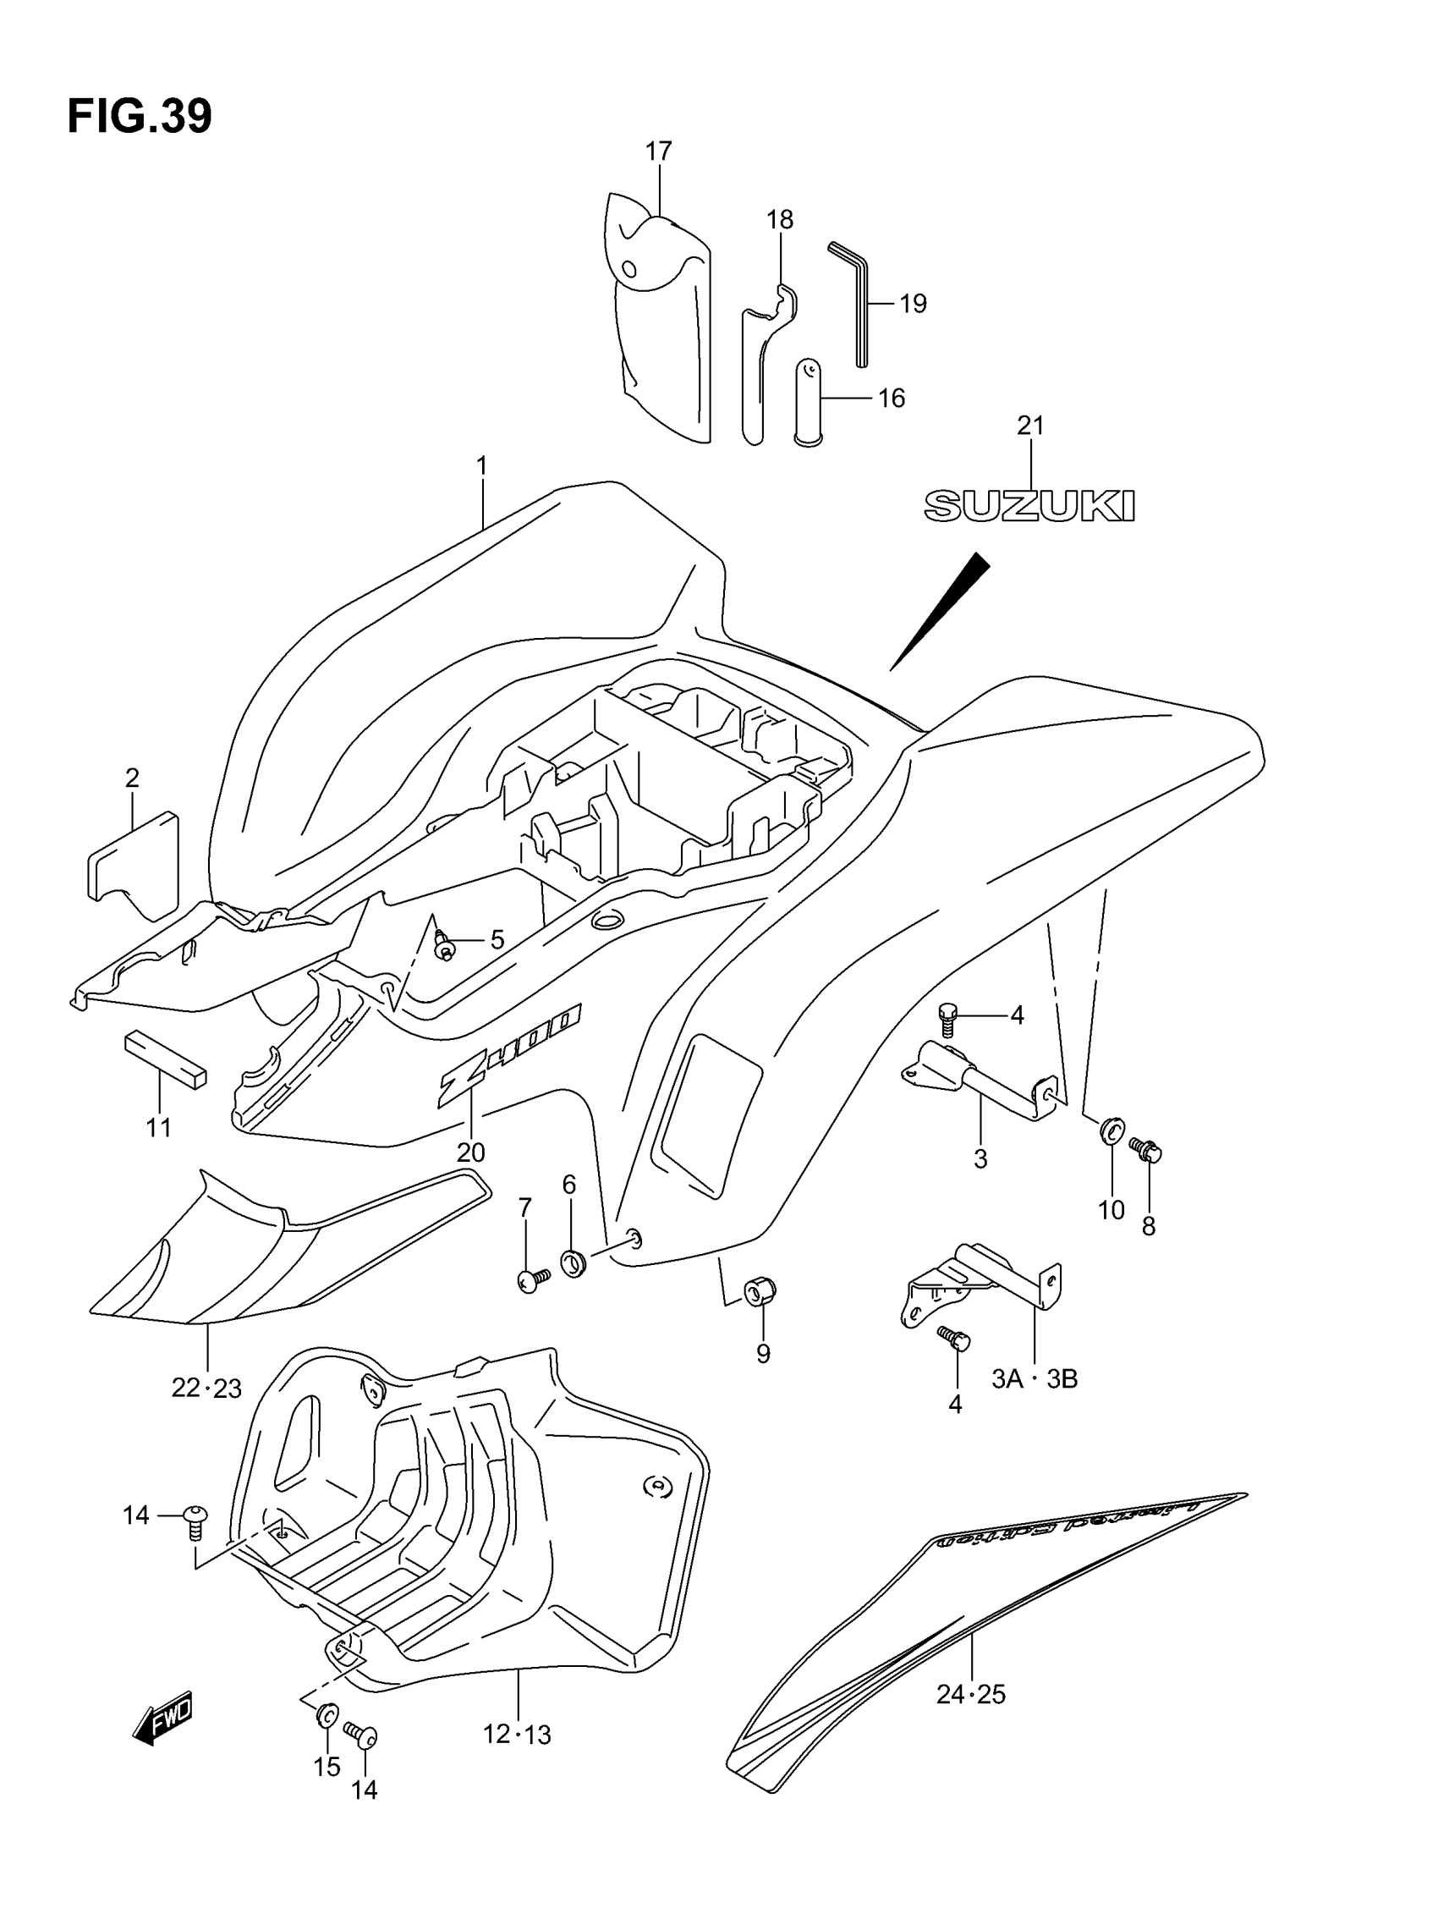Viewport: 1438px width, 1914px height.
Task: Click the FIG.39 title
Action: tap(140, 117)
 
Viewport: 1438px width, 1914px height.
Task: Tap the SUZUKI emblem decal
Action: tap(1029, 505)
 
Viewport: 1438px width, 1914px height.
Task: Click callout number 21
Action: tap(1030, 426)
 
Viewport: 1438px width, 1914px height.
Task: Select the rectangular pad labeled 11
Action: tap(165, 1058)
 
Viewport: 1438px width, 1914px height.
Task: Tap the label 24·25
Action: tap(971, 1694)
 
